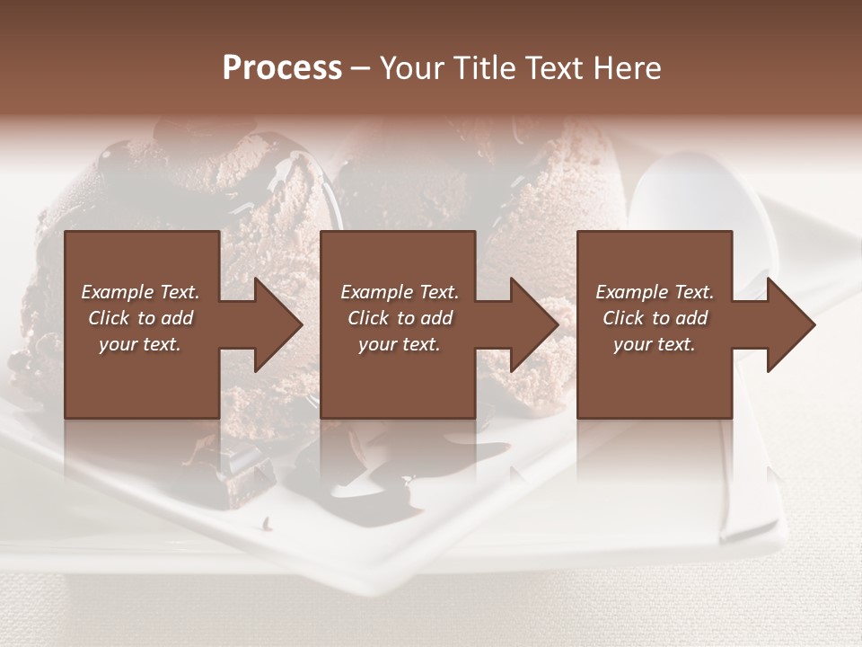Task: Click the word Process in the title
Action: (282, 68)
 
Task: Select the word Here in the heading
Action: (626, 68)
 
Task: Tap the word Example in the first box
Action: (116, 292)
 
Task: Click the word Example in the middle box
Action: (375, 292)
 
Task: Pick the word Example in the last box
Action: (630, 292)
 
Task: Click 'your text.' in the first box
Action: (140, 344)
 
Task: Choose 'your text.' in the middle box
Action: (400, 344)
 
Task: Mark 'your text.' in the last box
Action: (655, 344)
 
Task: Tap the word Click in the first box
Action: (109, 318)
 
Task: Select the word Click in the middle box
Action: (368, 318)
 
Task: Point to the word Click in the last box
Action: (623, 318)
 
